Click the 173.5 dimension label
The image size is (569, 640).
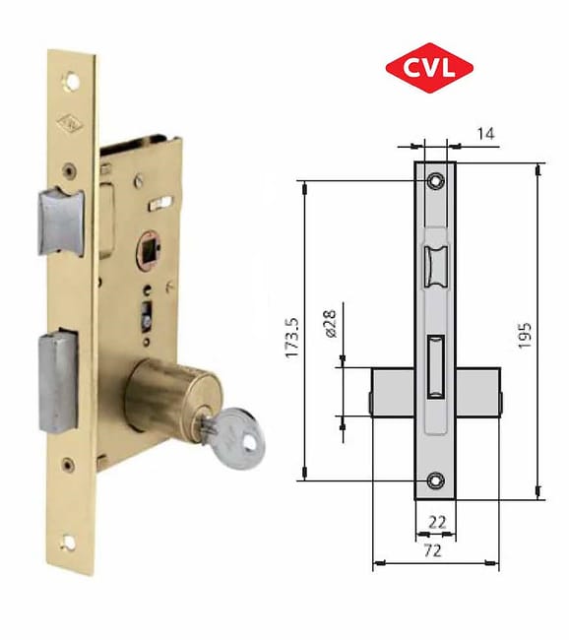pos(292,337)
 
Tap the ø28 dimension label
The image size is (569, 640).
pos(331,324)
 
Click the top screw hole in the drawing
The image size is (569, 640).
pos(435,181)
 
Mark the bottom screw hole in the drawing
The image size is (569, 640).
pos(435,480)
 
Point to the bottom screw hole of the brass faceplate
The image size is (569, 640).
pos(69,540)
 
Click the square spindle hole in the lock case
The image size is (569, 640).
pos(152,247)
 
